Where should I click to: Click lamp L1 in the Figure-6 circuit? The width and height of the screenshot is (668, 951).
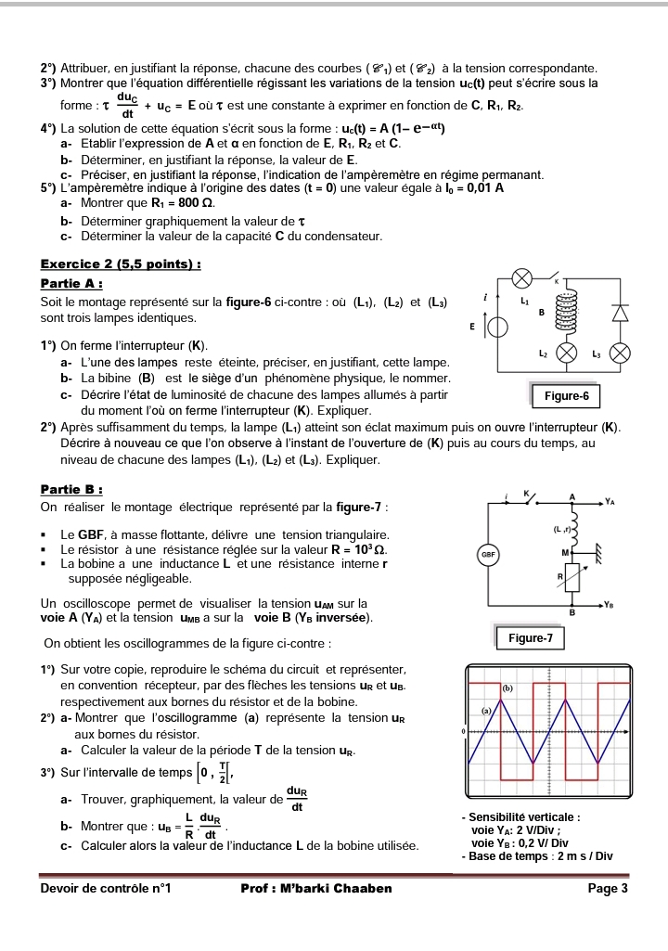[x=522, y=278]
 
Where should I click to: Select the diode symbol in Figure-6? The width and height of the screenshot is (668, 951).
[x=620, y=313]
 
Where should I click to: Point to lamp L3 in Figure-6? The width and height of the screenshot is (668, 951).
[x=620, y=353]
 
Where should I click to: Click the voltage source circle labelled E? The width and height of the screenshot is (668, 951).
[x=498, y=327]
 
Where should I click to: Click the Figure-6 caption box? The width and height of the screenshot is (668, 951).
[x=566, y=396]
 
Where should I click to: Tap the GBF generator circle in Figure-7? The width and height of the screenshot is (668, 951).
[x=489, y=554]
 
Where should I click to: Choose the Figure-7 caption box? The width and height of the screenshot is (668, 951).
[x=531, y=638]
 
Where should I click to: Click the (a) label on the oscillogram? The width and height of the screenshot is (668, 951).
[x=485, y=710]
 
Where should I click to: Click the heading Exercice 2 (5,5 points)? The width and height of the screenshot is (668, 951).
[x=122, y=264]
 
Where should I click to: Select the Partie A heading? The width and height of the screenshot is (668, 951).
[x=71, y=283]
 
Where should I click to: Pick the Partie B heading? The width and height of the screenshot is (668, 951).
[x=71, y=489]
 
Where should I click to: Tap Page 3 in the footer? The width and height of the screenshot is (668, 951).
[x=608, y=888]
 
